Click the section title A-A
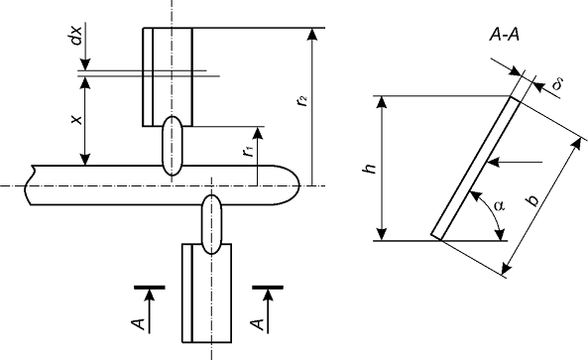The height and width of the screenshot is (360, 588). click(505, 35)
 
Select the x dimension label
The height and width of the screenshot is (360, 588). click(76, 120)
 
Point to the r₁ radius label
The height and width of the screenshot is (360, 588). click(248, 151)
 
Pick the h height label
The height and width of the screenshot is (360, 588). click(370, 169)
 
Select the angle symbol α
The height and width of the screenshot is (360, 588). click(500, 206)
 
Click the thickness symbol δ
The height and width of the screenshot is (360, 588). click(557, 84)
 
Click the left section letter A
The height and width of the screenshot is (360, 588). click(139, 324)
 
